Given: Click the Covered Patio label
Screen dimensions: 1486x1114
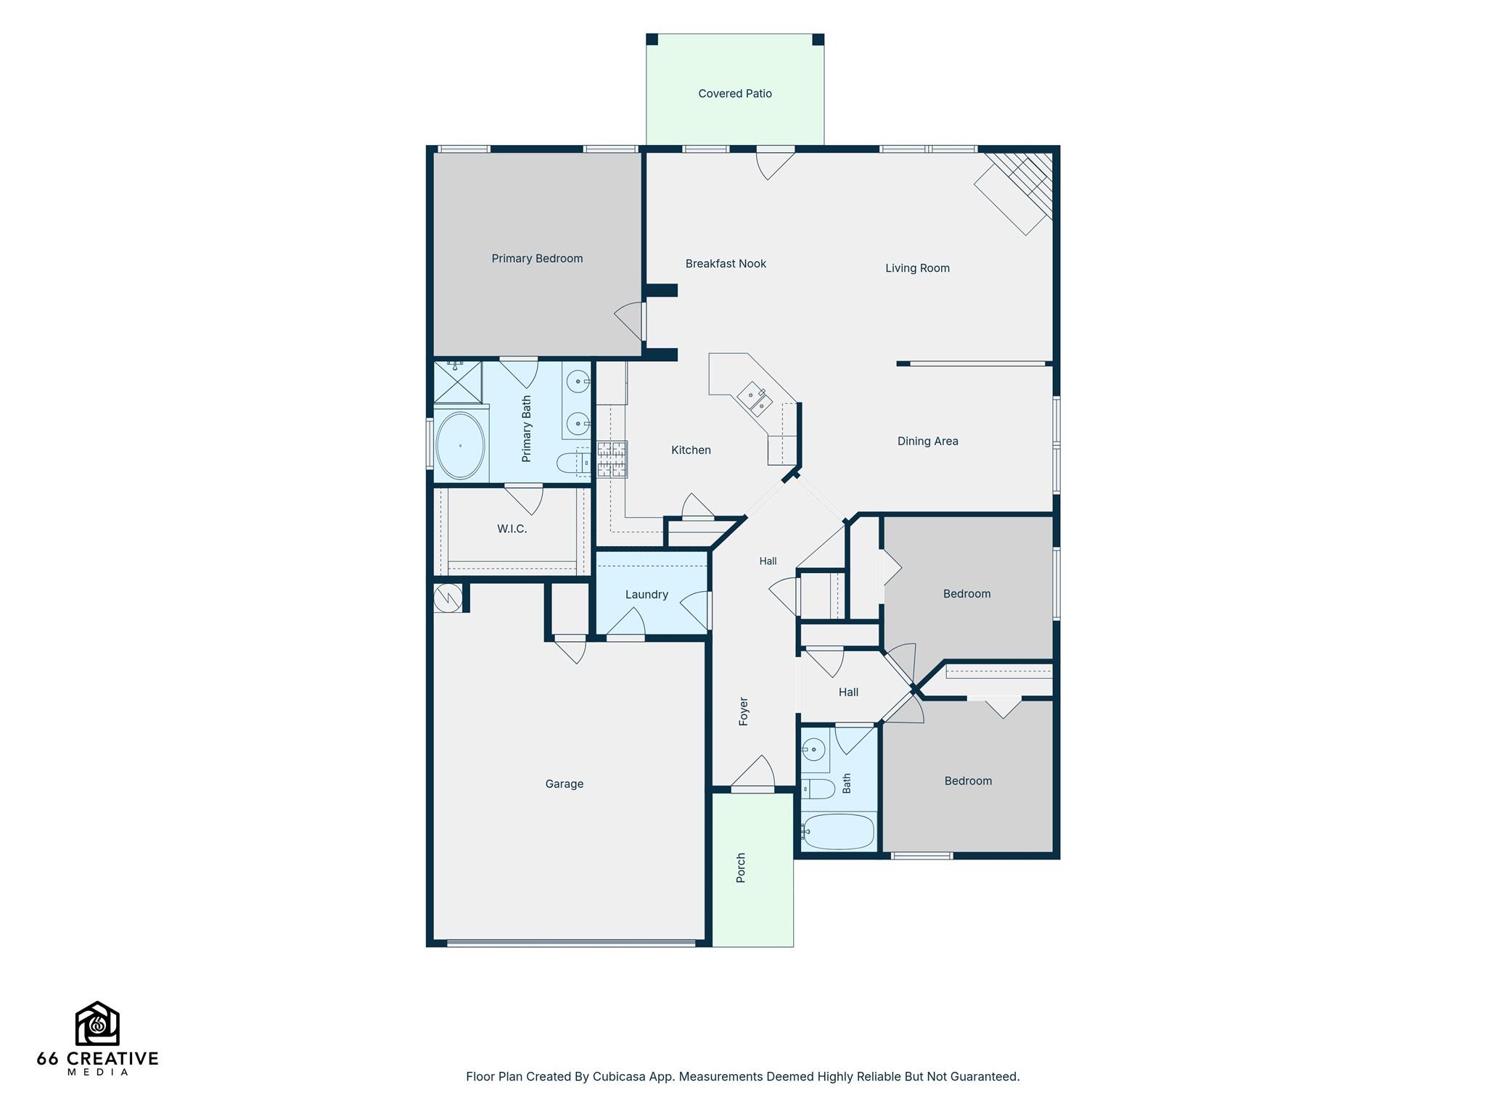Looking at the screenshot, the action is pos(735,94).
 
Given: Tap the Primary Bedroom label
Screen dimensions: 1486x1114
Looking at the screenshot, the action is pos(537,258).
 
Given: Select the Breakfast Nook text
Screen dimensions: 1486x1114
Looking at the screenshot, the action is pos(726,264).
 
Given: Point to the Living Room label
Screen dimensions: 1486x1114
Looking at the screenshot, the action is pos(917,268).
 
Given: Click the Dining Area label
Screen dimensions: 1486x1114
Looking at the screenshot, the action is pos(927,441).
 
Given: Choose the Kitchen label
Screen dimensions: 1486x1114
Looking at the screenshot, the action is pos(691,450).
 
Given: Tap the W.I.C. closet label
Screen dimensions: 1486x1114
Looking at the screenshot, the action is pos(512,529).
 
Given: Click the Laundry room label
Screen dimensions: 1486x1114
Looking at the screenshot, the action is pos(646,595).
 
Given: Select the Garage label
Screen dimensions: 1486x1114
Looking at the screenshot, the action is pos(564,784).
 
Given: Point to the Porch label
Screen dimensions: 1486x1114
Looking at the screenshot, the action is pos(741,867).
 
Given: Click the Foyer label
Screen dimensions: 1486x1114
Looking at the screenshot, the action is pos(743,711).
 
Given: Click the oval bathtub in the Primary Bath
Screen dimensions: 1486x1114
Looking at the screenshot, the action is pos(460,446).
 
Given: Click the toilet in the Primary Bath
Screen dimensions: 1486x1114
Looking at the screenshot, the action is pos(572,463).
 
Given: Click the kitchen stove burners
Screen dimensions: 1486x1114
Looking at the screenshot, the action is pos(612,459).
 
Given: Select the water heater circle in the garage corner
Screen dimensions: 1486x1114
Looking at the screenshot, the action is pos(448,598).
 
